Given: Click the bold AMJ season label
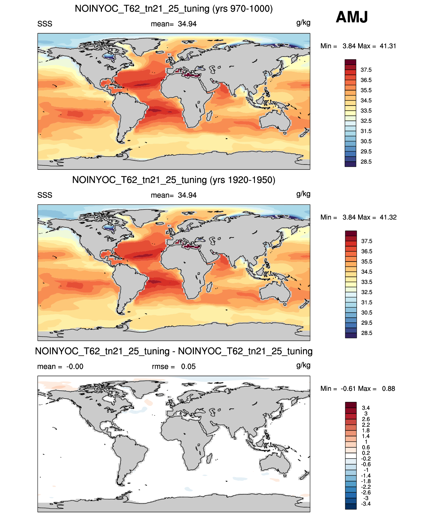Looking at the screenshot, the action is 351,17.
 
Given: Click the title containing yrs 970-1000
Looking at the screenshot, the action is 174,9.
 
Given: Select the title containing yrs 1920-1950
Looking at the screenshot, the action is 174,180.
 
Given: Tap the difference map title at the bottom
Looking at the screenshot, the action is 174,351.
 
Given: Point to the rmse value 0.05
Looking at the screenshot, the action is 188,366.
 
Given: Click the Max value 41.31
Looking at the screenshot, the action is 388,46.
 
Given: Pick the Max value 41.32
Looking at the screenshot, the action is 388,217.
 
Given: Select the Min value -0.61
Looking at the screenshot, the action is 348,388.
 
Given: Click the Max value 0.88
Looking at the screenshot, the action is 389,388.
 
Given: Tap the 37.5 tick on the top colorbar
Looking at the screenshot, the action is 366,70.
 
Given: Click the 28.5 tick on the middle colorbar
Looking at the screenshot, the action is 367,333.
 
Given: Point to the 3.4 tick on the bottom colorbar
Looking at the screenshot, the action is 366,408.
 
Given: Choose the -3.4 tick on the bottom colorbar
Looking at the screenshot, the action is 366,504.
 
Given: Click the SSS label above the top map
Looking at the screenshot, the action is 45,24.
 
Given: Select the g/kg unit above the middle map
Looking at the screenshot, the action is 303,194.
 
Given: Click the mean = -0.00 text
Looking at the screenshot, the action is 60,366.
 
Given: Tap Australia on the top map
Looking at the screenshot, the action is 275,120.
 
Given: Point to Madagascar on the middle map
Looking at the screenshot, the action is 209,287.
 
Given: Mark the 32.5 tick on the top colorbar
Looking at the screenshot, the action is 366,121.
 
